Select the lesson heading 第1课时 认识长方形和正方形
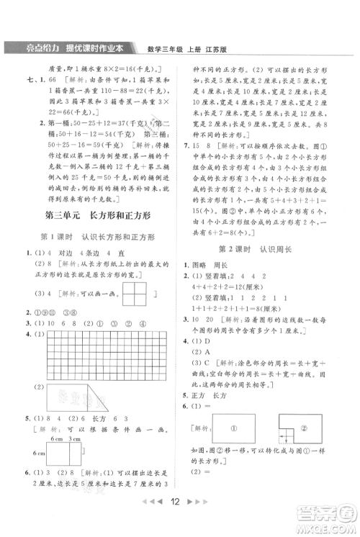(x=99, y=237)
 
